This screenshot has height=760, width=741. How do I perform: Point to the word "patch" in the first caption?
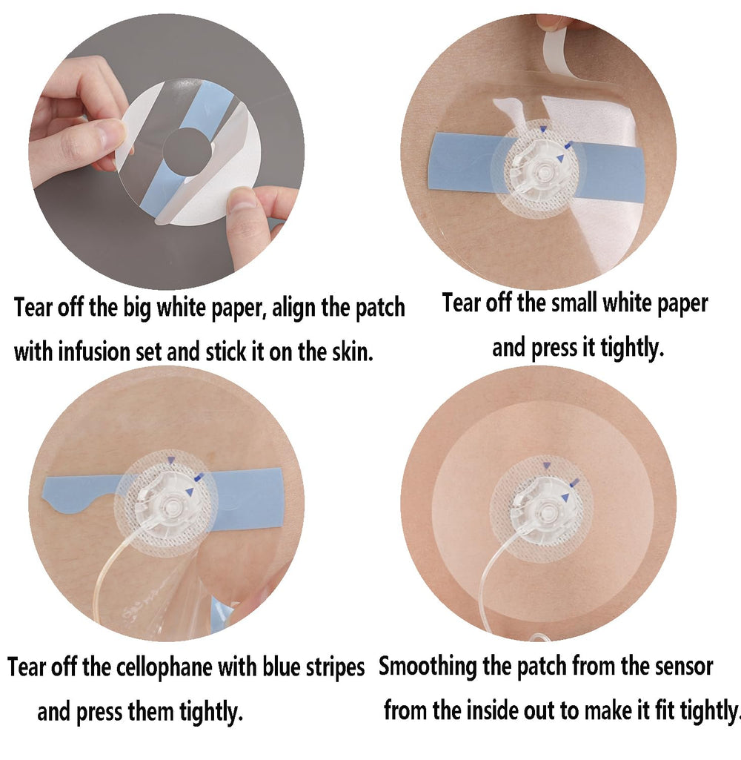(380, 307)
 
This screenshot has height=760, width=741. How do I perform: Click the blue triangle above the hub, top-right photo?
(543, 129)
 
